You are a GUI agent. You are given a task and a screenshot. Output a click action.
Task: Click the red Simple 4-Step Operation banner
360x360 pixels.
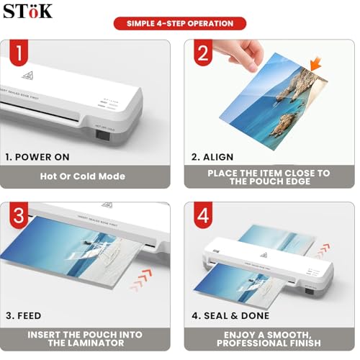click(180, 24)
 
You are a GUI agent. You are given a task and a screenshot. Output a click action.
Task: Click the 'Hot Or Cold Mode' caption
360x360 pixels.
click(82, 176)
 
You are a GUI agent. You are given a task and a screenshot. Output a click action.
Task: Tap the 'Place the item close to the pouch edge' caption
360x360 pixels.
click(269, 177)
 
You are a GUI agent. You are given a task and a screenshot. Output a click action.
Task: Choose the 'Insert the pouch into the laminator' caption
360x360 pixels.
click(85, 339)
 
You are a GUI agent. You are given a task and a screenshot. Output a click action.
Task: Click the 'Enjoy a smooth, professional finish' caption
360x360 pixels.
click(269, 339)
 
